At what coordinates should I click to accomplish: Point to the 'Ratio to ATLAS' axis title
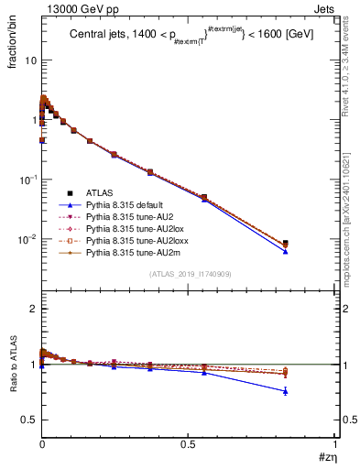click(x=12, y=365)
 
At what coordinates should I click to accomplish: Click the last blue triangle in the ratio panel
click(x=286, y=391)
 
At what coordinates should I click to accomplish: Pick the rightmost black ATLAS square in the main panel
click(x=286, y=244)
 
